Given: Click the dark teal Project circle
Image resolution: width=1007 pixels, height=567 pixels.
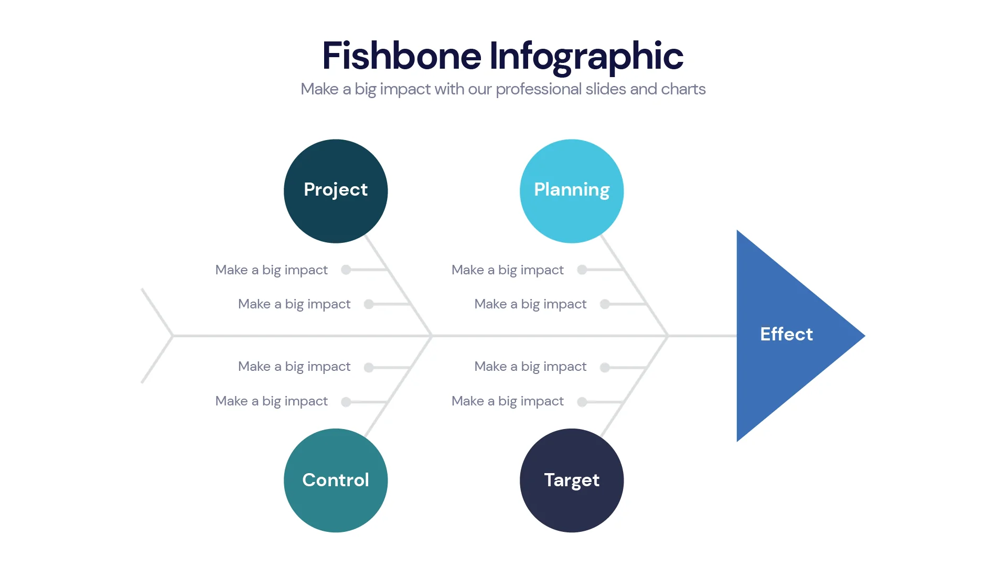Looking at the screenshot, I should point(336,210).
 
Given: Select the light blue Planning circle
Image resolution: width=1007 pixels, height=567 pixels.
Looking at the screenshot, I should point(572,210).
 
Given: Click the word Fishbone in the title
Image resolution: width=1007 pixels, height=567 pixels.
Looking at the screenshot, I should point(401,56).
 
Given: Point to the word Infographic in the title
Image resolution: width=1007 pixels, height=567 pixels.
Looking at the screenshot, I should point(586,56).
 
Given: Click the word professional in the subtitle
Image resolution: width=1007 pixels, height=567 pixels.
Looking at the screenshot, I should point(538,89).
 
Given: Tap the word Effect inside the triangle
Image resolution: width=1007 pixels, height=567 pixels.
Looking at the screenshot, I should point(786,334).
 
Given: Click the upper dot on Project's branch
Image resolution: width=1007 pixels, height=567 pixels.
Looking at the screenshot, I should point(346,270).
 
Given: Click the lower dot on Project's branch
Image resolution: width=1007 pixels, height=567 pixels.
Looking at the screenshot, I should point(369,304).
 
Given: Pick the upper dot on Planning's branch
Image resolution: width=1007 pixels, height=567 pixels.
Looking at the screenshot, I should point(582,270).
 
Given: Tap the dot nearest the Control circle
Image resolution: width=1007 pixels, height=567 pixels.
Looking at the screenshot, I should point(346,402).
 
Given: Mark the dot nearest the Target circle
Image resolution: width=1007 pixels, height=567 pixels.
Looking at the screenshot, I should point(582,402).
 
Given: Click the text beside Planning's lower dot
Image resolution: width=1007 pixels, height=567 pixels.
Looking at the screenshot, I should point(530,304).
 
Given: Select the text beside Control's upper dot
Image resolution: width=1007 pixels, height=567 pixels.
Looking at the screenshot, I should point(294,367).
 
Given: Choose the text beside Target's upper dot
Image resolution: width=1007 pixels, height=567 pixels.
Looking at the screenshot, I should point(530,367).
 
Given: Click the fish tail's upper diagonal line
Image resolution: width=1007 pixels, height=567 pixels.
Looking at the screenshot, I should point(157,312).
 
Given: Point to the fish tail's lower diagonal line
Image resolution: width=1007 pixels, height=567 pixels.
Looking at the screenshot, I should point(157,360).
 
